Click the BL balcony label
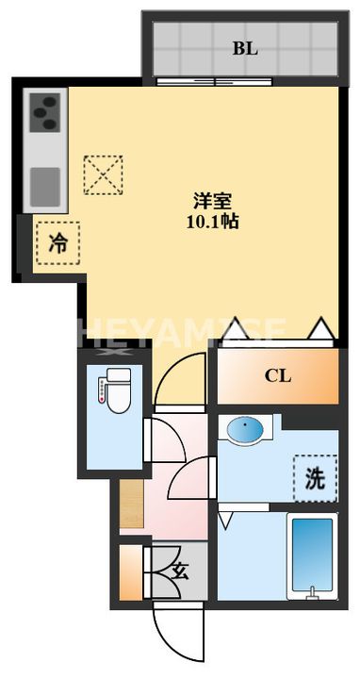245,48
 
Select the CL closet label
277,376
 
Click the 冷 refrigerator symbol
57,241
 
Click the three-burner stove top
45,115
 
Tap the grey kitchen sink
45,185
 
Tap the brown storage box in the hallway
131,504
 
